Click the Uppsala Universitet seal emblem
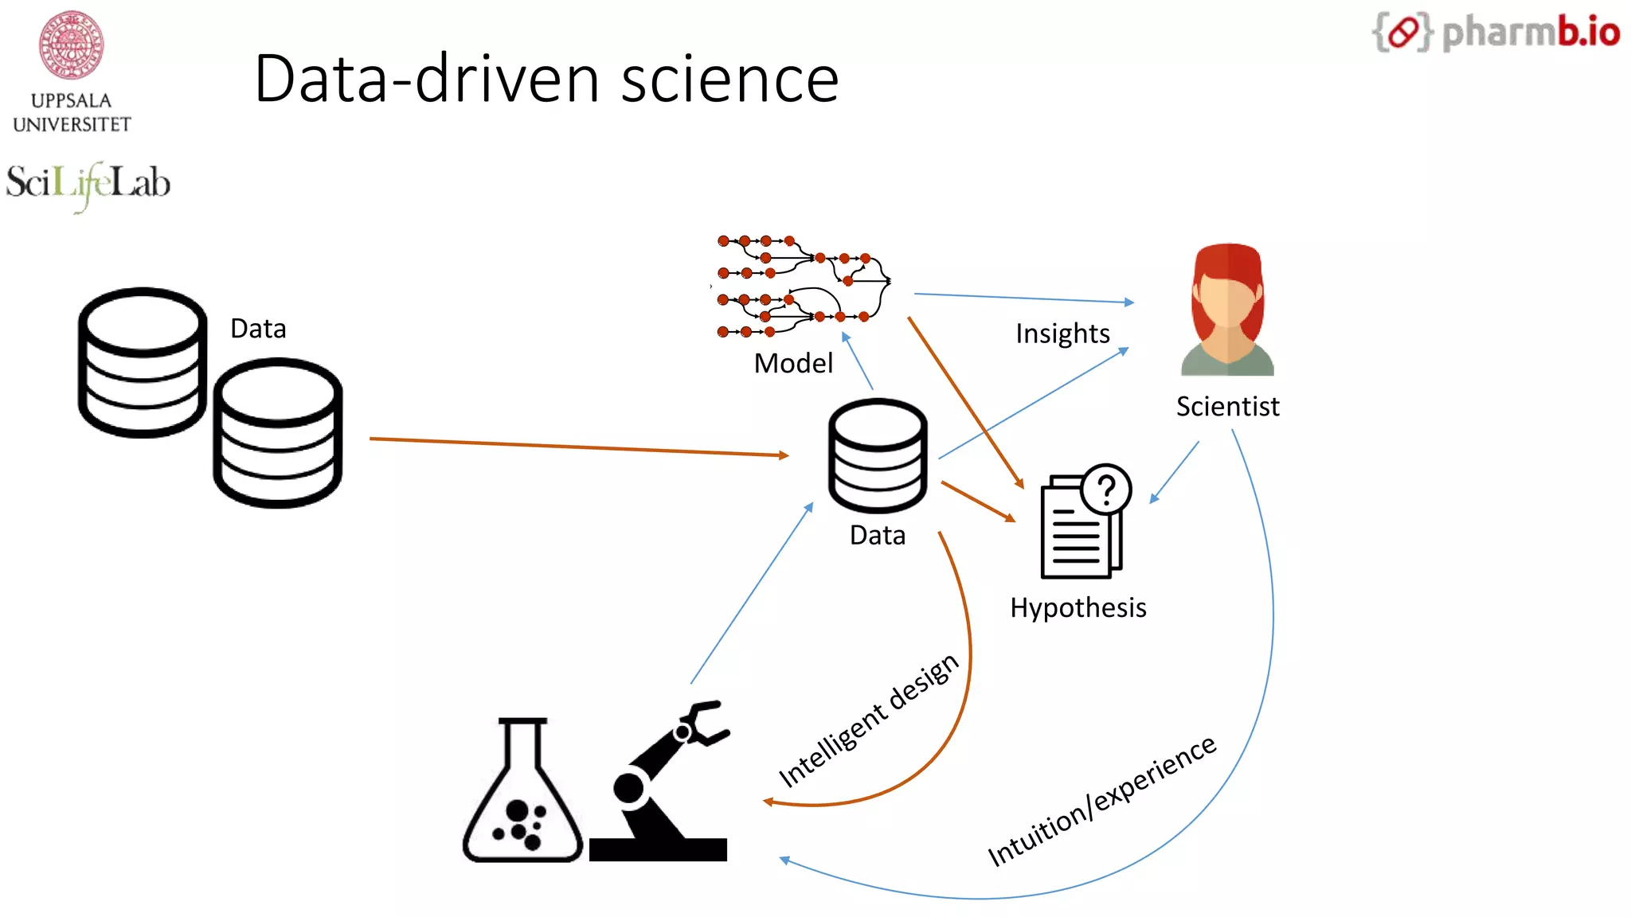(71, 45)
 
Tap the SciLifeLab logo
(88, 184)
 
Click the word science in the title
(729, 80)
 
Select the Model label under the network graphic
(793, 363)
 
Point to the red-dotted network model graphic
(803, 286)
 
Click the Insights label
(1062, 334)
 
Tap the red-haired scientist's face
(1227, 299)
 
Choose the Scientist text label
(1227, 407)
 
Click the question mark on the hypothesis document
(1106, 488)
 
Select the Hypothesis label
(1078, 608)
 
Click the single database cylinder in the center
(878, 457)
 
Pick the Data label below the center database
(878, 536)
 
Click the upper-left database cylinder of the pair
(142, 362)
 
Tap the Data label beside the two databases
(258, 329)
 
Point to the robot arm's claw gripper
(704, 722)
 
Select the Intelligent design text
(868, 720)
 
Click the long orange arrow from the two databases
(579, 447)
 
